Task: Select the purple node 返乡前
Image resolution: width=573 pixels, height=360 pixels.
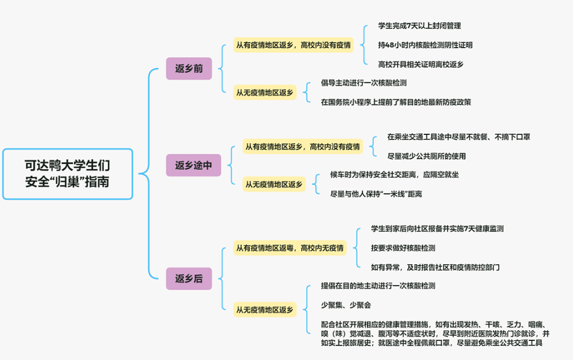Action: coord(189,68)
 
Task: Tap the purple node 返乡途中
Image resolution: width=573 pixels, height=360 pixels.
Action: coord(193,166)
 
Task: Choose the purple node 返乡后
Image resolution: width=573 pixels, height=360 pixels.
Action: coord(189,278)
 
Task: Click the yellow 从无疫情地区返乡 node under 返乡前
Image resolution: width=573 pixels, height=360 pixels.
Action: coord(265,93)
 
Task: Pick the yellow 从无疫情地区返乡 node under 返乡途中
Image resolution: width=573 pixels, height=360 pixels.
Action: coord(274,184)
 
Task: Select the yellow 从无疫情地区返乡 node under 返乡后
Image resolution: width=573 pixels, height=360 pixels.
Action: coord(265,309)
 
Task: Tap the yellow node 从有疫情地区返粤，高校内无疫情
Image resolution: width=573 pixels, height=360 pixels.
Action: coord(290,248)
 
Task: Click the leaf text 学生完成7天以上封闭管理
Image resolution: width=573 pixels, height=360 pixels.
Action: coord(419,26)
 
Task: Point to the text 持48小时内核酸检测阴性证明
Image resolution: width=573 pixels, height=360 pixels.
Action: coord(425,45)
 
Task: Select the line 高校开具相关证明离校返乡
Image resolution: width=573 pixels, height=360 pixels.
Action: coord(421,64)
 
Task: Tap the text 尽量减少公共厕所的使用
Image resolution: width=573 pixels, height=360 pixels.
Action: coord(427,156)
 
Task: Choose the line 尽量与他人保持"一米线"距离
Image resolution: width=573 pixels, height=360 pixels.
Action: coord(377,193)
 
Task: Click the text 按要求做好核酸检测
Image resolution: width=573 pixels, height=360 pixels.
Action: coord(403,248)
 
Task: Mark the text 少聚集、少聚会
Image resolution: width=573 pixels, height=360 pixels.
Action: coord(346,305)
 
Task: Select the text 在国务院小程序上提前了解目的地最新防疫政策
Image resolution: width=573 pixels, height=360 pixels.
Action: coord(396,101)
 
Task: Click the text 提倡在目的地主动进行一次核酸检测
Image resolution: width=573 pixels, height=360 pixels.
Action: coord(378,286)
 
